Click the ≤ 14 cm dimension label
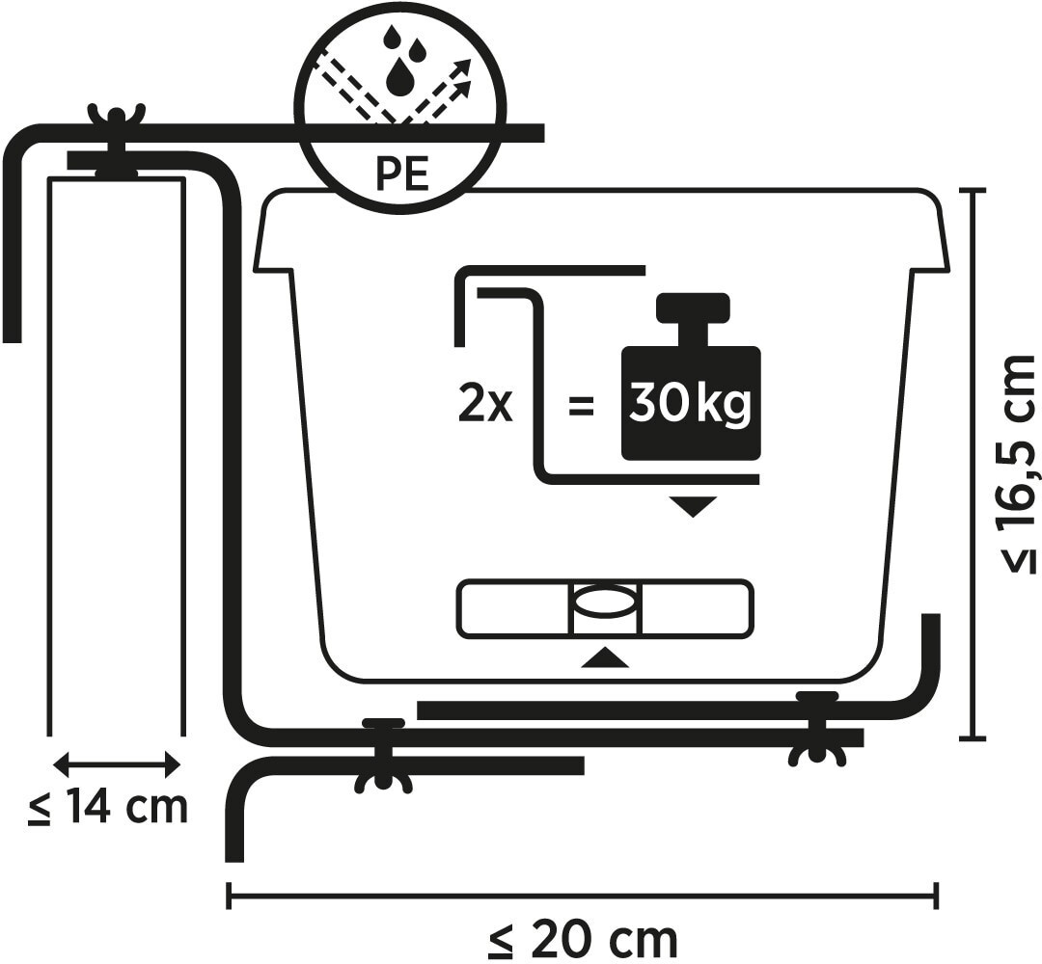coord(108,807)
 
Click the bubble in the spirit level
coord(605,604)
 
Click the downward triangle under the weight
coord(693,506)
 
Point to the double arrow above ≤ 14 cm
coord(117,764)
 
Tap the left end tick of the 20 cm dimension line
coord(230,895)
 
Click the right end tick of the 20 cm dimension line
coord(936,895)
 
